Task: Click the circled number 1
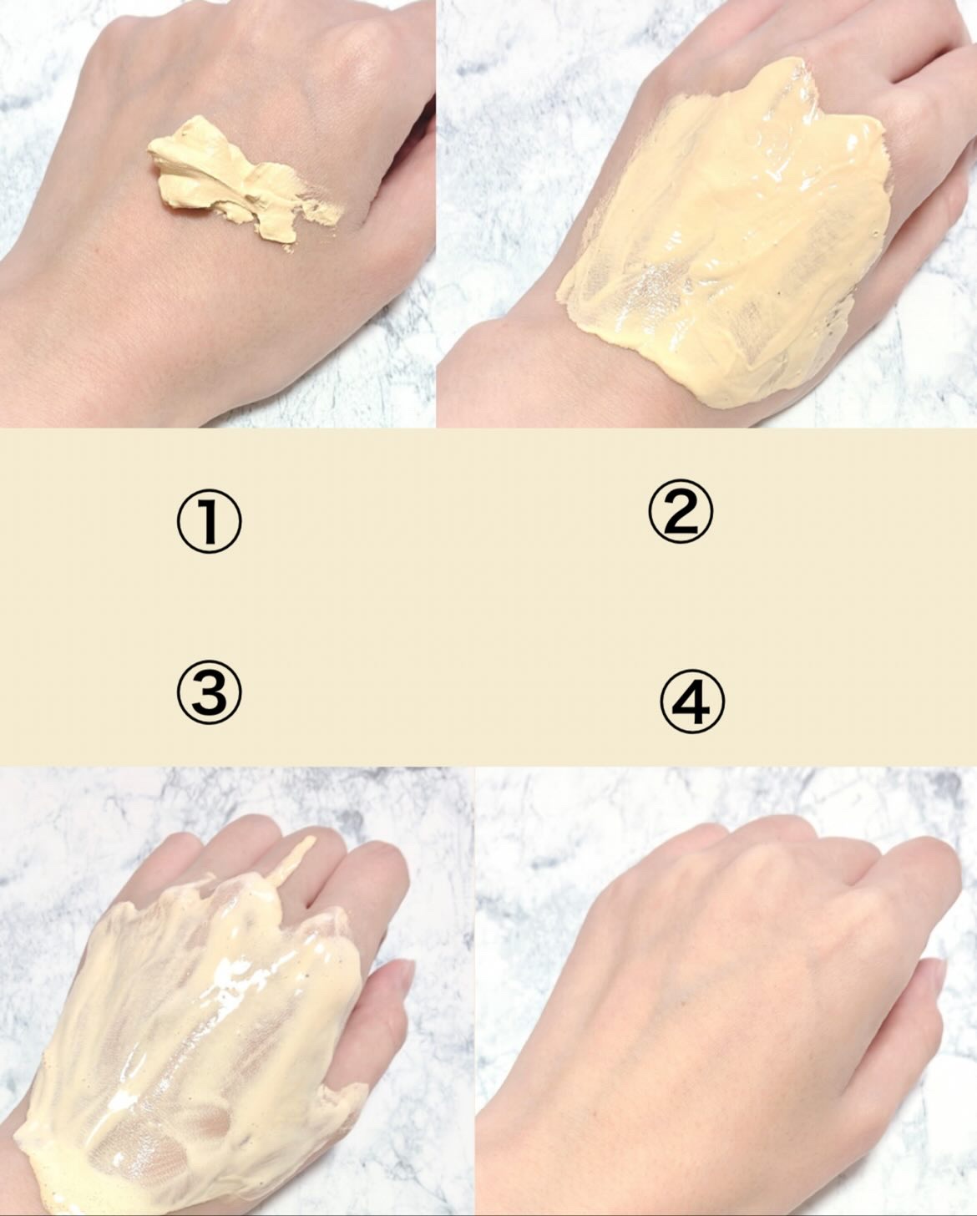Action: coord(209,521)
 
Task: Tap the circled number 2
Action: coord(681,511)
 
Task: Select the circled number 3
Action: coord(209,692)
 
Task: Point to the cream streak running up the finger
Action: coord(294,862)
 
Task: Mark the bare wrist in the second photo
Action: coord(509,373)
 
